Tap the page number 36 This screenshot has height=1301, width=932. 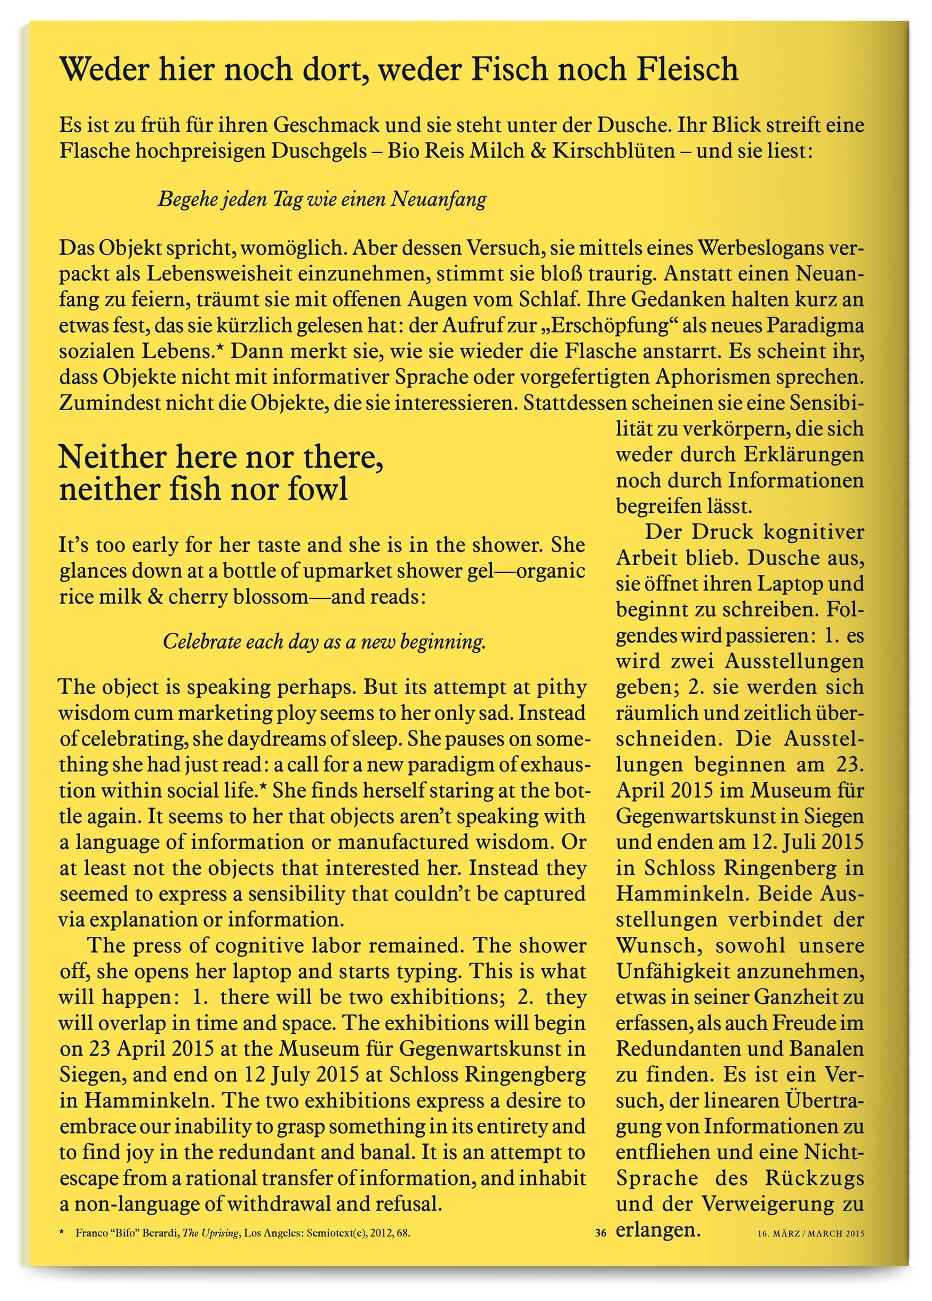pyautogui.click(x=600, y=1232)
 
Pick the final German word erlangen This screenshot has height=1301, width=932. pyautogui.click(x=658, y=1230)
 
